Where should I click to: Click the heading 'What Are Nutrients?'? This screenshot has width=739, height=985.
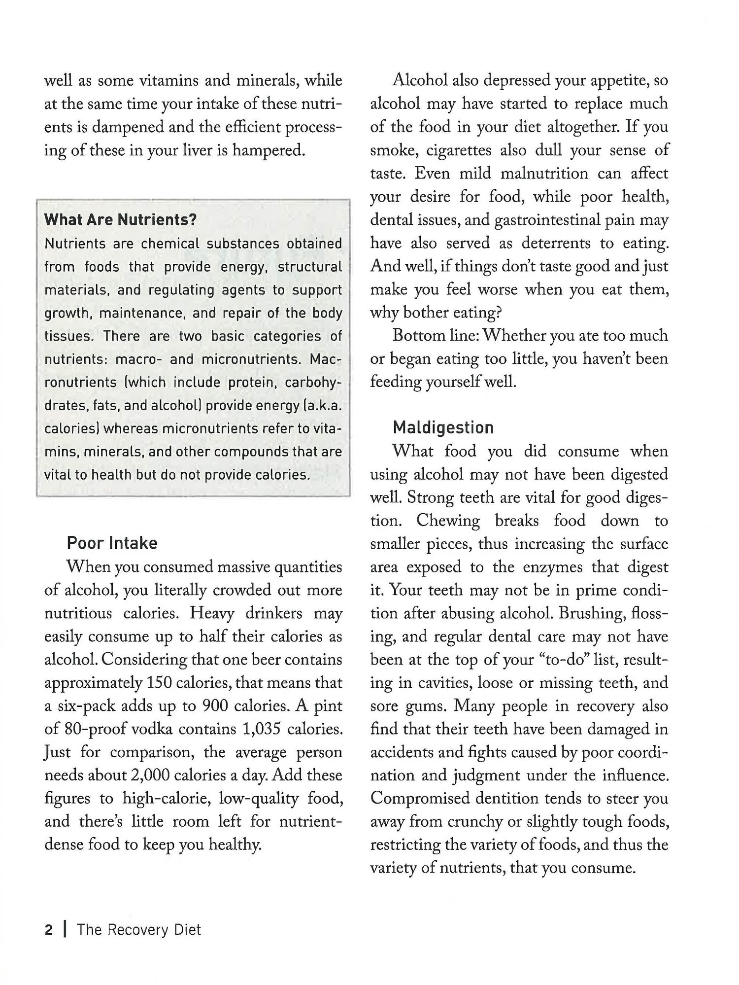(120, 219)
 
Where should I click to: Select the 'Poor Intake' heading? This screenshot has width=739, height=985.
(112, 543)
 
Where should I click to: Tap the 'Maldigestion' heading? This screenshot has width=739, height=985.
(443, 427)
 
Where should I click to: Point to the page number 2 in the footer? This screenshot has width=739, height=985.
(48, 930)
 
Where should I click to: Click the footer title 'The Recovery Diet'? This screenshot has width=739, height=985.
(139, 930)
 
